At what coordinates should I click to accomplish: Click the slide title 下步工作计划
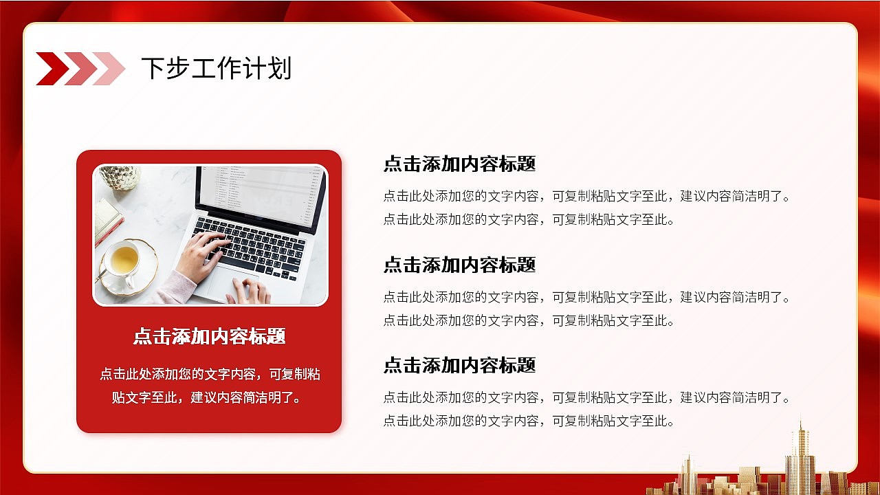[217, 68]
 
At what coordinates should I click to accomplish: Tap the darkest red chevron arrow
[53, 68]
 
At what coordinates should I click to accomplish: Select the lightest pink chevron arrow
[109, 68]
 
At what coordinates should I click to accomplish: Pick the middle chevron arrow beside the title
[81, 68]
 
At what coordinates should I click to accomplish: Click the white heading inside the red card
[210, 336]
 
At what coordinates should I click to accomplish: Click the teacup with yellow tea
[124, 261]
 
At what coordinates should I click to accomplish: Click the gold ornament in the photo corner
[120, 177]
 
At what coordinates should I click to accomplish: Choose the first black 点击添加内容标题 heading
[460, 164]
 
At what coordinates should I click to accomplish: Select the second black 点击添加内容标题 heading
[460, 265]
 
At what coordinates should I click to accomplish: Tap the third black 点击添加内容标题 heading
[460, 365]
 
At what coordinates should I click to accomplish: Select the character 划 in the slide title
[279, 68]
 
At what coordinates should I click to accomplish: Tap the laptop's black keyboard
[250, 247]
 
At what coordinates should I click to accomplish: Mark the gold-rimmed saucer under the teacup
[129, 267]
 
